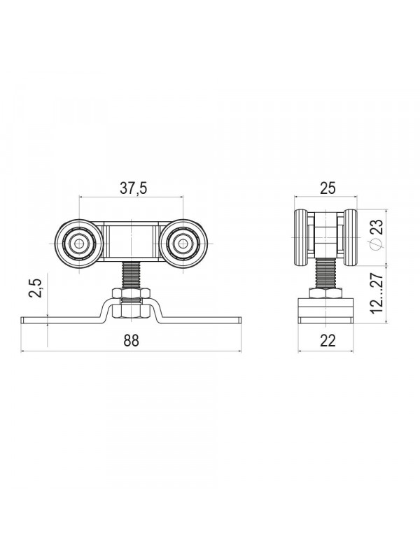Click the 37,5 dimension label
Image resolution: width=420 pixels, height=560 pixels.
(133, 188)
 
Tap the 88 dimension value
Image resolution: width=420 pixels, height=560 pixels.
(131, 341)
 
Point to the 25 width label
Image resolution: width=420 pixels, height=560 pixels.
(328, 188)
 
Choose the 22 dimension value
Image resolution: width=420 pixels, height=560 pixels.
(328, 341)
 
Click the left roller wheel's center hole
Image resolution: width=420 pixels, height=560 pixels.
(79, 244)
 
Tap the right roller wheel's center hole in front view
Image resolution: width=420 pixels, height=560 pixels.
(183, 244)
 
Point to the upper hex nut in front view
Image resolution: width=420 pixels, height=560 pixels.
(131, 293)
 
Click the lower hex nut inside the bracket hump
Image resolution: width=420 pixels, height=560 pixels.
(131, 310)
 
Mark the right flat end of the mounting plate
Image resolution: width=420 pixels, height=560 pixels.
(201, 320)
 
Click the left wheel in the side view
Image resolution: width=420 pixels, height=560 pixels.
(300, 237)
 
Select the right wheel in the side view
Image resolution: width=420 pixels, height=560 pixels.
(350, 237)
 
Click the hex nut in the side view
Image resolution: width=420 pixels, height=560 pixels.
(325, 293)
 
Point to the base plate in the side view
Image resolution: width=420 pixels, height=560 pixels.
(325, 311)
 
